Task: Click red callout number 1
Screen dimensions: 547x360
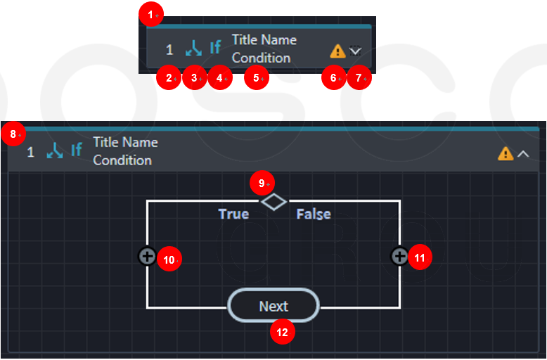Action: [x=151, y=15]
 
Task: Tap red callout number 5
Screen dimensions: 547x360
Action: [x=257, y=78]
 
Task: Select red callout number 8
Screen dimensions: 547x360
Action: [x=13, y=134]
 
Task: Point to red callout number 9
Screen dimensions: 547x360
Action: [x=262, y=183]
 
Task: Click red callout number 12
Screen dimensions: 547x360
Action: [x=283, y=332]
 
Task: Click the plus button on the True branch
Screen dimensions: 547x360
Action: [x=147, y=257]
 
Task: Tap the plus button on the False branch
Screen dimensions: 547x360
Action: [x=399, y=257]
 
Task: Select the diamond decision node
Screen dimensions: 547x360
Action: [x=273, y=202]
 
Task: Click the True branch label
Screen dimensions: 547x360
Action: [x=233, y=214]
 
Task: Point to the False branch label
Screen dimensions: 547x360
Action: [x=314, y=214]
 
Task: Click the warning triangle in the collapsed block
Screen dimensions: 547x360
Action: [x=337, y=51]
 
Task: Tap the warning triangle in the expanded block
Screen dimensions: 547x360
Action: [x=506, y=153]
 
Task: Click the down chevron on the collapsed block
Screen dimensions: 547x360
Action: [x=355, y=51]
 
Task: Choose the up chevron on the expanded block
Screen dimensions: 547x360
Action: [x=523, y=154]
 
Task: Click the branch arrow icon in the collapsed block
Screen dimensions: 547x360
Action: [x=193, y=48]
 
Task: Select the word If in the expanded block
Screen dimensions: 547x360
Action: [x=77, y=150]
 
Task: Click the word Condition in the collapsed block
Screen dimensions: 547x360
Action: [x=261, y=58]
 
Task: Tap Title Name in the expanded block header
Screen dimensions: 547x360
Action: [x=126, y=142]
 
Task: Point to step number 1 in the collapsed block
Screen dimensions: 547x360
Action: [x=169, y=50]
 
